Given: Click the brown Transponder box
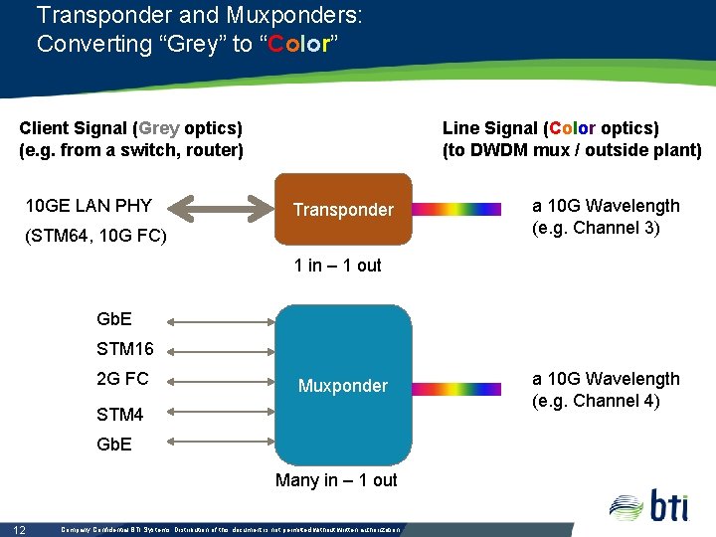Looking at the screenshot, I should click(343, 210).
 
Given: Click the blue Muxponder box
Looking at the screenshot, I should click(343, 385).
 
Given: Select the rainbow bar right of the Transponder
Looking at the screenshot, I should click(456, 210).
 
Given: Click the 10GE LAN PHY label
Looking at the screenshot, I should click(89, 206).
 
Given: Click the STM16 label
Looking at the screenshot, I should click(124, 349).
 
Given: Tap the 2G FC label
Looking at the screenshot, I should click(122, 379).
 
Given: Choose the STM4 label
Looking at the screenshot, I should click(119, 414).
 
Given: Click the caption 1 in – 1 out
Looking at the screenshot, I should click(338, 266).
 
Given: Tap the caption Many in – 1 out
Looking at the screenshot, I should click(336, 480).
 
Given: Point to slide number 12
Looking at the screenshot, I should click(19, 529).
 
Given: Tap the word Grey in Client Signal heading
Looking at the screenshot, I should click(159, 128).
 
